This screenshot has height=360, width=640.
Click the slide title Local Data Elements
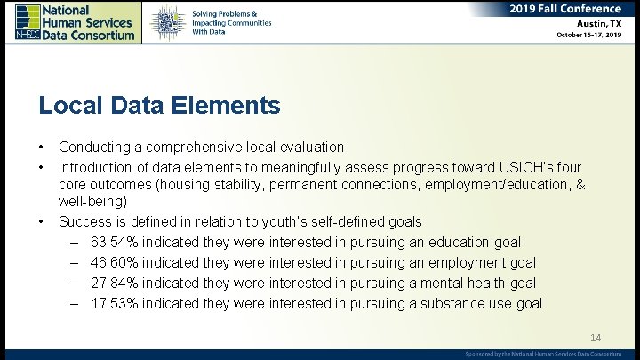pos(159,106)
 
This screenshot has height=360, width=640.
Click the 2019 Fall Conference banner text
pos(565,9)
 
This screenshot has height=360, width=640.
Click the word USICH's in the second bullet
pos(530,166)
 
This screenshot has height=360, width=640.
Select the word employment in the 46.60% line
pos(463,262)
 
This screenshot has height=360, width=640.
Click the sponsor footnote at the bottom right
pos(543,354)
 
